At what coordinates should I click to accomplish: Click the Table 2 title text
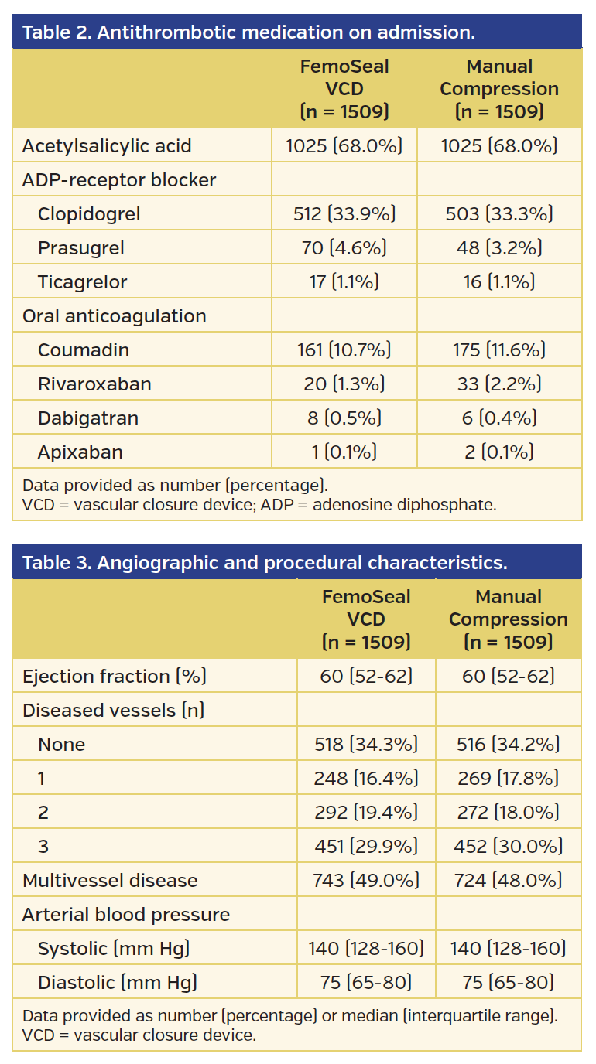248,32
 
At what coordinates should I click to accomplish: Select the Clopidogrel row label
89,214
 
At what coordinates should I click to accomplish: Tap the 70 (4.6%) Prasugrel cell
344,248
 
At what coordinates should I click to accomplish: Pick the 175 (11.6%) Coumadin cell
498,350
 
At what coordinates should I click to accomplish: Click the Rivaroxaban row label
94,384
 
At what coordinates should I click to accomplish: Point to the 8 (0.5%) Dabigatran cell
344,418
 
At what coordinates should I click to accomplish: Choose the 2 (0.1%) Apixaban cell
498,452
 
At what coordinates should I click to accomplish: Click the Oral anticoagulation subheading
114,316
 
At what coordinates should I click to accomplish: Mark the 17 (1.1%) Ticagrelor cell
344,282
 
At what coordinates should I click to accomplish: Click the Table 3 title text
265,563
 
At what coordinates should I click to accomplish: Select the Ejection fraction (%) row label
114,677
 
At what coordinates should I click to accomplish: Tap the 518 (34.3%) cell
365,745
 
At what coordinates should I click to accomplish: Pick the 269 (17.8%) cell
508,779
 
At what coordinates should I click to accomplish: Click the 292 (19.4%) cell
365,813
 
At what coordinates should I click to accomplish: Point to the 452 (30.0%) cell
508,847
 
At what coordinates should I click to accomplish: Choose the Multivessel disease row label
110,881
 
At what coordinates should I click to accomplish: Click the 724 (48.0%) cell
508,881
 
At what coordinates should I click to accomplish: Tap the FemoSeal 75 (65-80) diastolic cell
365,983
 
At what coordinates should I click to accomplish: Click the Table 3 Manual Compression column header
508,619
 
